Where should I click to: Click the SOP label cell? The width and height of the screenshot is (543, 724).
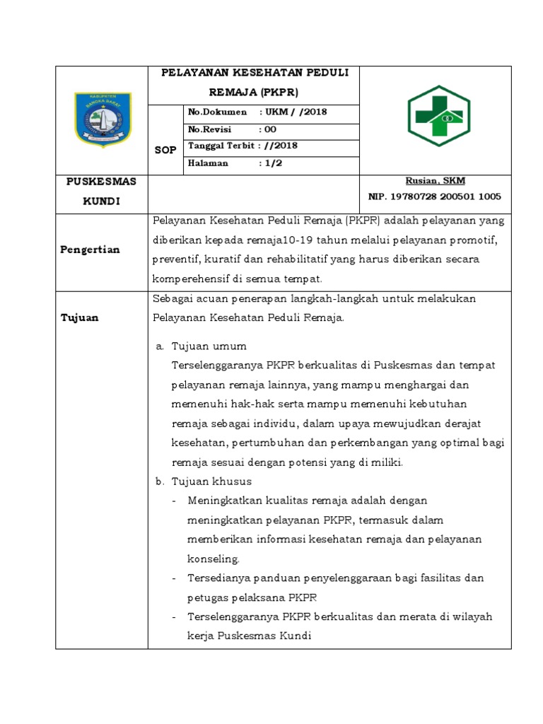(165, 150)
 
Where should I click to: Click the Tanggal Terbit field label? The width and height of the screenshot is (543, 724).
(221, 146)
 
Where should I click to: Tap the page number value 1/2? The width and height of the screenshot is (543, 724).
(272, 163)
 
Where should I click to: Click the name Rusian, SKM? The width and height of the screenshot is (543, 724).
(436, 181)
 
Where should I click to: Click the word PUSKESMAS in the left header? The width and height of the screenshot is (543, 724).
(101, 182)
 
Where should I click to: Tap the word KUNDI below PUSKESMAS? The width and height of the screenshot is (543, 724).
(102, 202)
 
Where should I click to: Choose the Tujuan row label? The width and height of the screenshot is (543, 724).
(79, 317)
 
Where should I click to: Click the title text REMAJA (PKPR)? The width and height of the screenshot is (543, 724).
(254, 92)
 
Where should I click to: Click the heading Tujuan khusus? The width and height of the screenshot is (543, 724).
(211, 481)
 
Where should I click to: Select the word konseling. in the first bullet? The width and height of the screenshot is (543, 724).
(214, 559)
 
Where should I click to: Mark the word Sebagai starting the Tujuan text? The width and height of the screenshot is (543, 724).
(173, 298)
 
